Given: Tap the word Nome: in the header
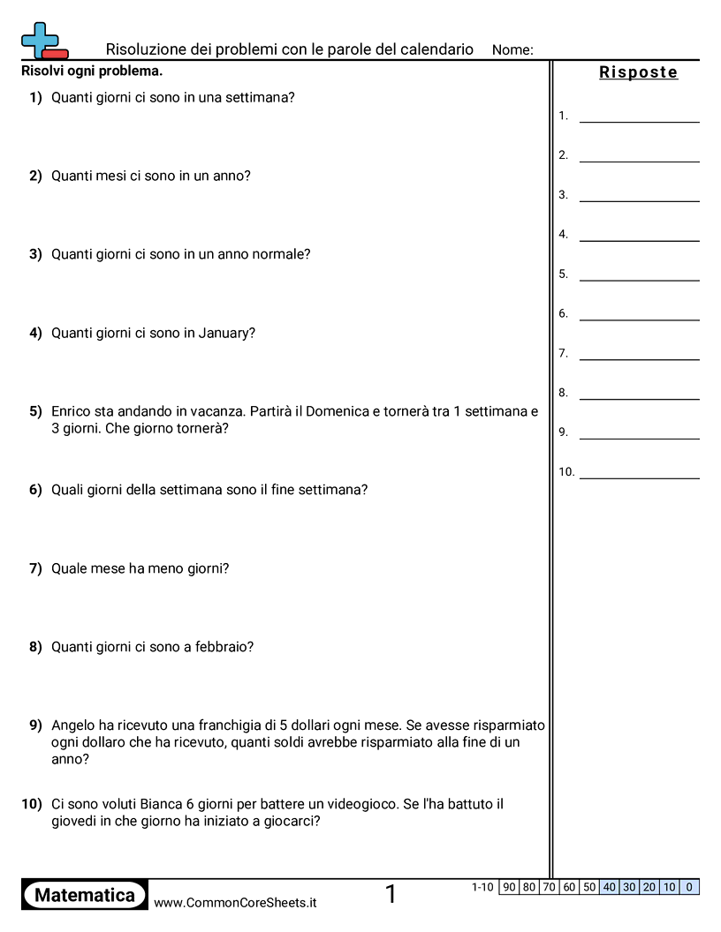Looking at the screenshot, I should tap(512, 50).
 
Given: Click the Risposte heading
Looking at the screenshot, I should tap(638, 72).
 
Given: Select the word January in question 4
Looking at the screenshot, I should tap(224, 333).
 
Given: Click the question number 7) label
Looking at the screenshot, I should tap(35, 568).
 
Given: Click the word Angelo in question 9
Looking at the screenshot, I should tap(73, 725).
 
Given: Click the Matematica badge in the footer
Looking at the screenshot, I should tap(85, 895).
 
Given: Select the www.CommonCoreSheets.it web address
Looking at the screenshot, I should tap(235, 902).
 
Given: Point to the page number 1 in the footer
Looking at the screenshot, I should tap(391, 895).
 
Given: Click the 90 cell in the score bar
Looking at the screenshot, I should tap(509, 887).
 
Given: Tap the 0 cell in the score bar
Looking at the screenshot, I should tap(689, 887).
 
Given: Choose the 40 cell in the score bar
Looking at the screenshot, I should tap(610, 887).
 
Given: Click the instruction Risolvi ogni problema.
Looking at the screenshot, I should tap(92, 71).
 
